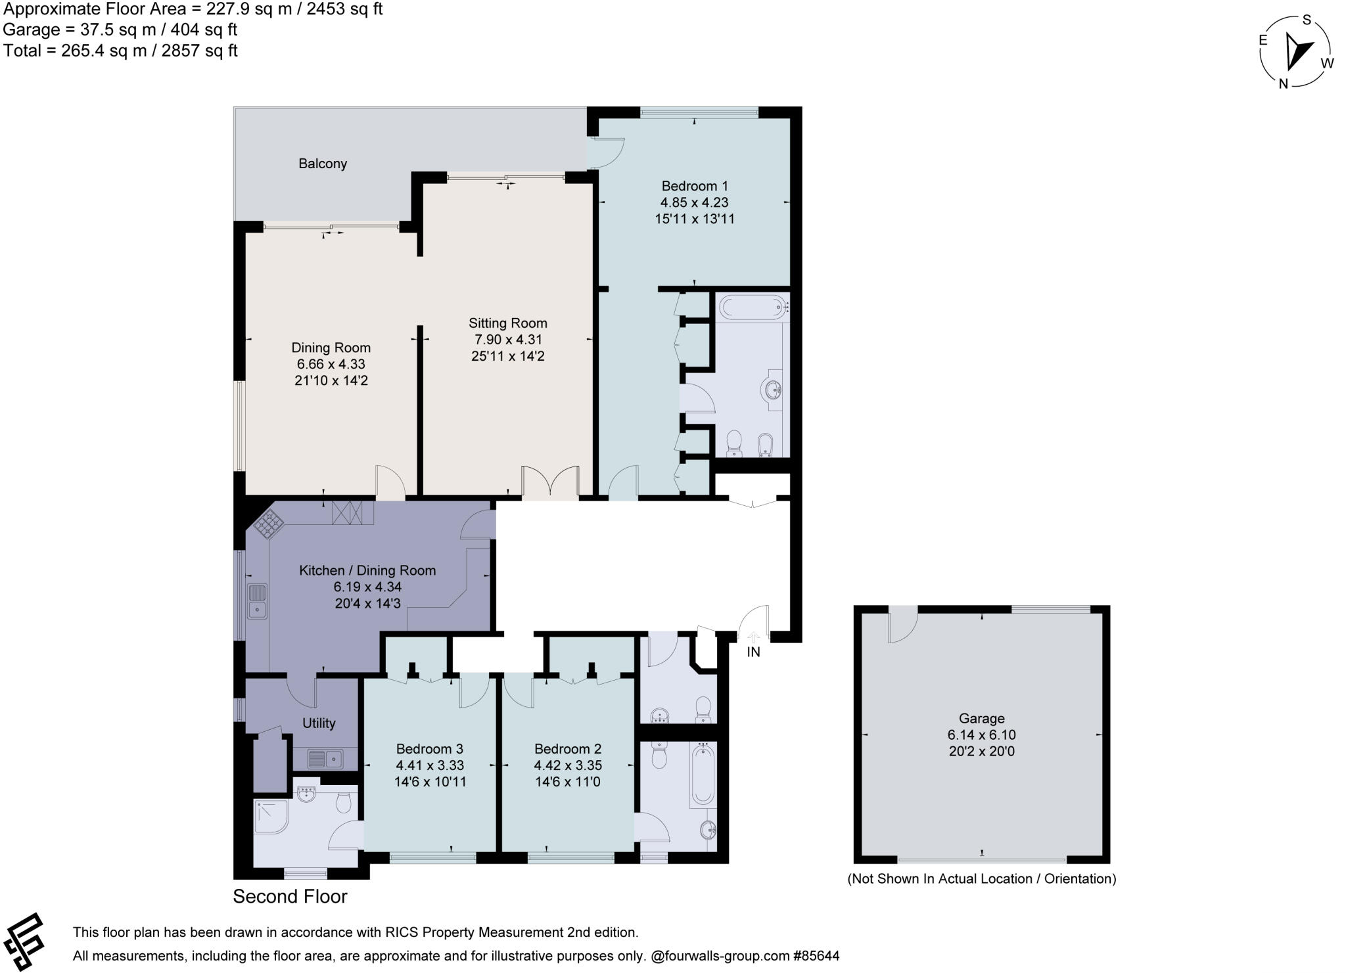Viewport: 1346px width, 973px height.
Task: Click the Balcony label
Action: point(322,164)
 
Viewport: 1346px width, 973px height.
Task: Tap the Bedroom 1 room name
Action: point(694,186)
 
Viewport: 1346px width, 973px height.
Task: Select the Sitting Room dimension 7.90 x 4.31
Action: point(508,340)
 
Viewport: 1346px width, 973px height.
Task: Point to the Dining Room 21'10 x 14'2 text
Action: point(331,380)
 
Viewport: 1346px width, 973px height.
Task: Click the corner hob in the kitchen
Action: point(269,524)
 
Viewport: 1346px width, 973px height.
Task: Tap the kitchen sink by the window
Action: point(257,601)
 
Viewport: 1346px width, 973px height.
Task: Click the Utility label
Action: point(319,723)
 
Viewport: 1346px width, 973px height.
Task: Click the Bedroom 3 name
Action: point(429,749)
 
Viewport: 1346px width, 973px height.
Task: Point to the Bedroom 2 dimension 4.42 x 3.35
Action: point(568,765)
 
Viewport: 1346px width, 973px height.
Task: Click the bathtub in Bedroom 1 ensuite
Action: point(753,306)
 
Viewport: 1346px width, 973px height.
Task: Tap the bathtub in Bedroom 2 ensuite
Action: point(702,776)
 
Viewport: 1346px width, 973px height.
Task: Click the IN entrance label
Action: point(753,652)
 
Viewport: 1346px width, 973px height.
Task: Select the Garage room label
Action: point(981,719)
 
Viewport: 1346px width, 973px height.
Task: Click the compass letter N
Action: point(1282,83)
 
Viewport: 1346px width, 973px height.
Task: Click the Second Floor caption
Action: point(290,897)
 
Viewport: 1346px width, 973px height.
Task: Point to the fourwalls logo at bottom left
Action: point(24,941)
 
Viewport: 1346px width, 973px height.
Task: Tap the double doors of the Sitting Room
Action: point(550,484)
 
